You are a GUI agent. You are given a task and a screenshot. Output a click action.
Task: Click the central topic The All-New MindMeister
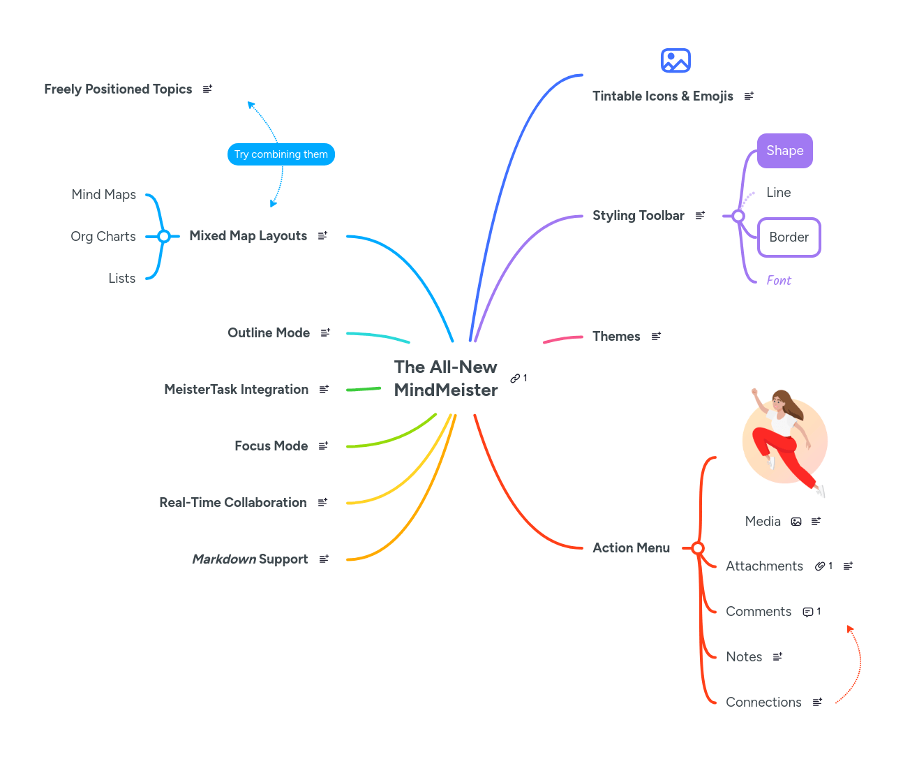point(445,378)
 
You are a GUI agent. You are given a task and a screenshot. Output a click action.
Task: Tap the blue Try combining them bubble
point(281,154)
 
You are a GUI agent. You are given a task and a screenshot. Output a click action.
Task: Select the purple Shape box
point(784,151)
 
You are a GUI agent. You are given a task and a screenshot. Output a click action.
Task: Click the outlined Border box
point(789,237)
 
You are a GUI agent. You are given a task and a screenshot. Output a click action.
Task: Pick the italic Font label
point(779,281)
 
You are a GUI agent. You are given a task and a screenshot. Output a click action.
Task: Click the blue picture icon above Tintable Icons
point(676,61)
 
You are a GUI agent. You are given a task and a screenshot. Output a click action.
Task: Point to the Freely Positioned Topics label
point(118,89)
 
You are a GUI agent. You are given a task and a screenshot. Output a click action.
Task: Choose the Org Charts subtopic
point(103,237)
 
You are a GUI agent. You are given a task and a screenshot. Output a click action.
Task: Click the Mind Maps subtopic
point(104,195)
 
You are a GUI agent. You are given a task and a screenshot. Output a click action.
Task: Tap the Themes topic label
point(616,337)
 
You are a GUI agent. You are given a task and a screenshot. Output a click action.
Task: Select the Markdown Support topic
point(250,559)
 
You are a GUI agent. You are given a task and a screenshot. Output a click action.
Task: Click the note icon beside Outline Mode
point(325,333)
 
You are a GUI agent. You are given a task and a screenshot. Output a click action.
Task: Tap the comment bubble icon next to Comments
point(807,612)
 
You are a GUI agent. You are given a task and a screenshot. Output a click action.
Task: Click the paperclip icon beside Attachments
point(820,566)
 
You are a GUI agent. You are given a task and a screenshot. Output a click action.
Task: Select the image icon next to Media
point(796,522)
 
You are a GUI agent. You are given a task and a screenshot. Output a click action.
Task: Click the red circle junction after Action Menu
point(698,548)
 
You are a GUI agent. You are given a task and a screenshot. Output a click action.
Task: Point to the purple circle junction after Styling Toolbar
point(738,216)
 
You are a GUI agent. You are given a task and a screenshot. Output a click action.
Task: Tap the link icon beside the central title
point(515,378)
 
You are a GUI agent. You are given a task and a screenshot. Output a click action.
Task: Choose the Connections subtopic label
point(763,703)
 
